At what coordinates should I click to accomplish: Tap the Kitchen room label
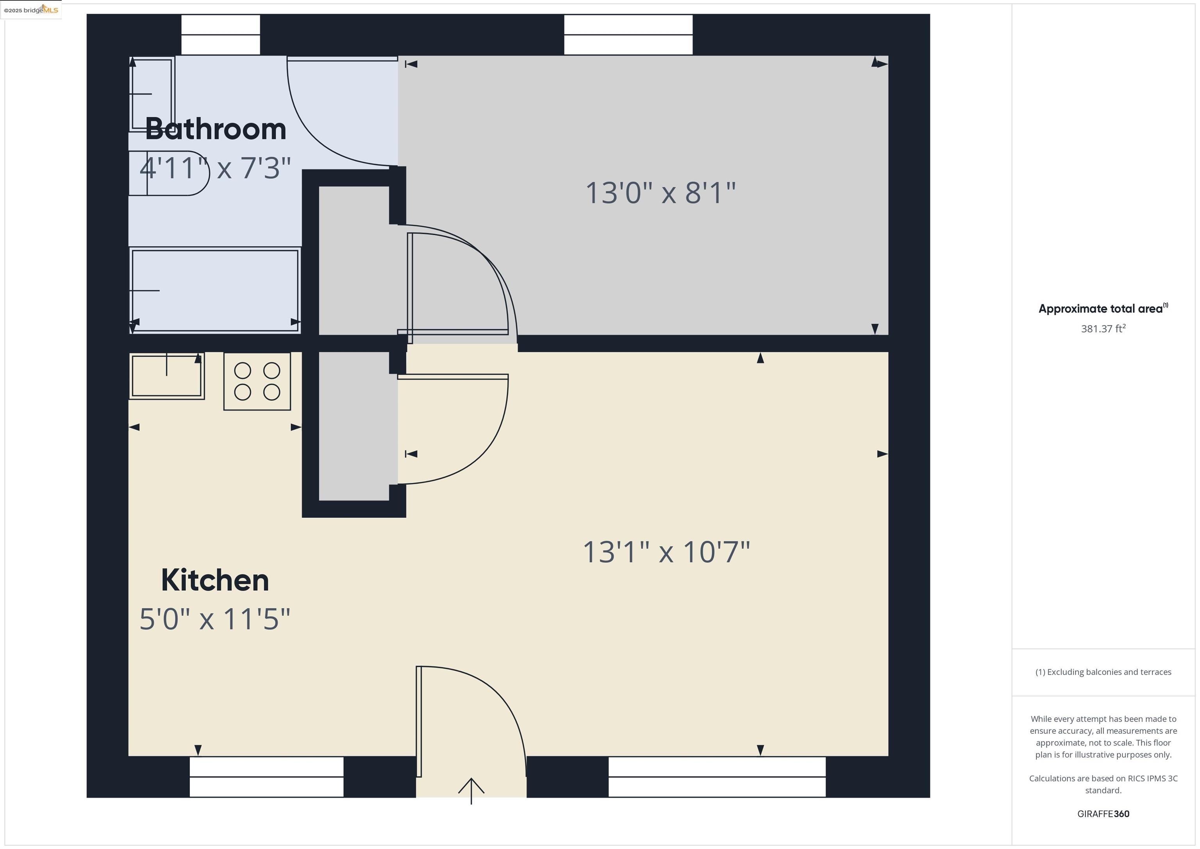[x=215, y=580]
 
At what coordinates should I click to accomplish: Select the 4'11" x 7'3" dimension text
[x=215, y=168]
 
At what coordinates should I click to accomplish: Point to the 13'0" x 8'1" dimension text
[x=660, y=193]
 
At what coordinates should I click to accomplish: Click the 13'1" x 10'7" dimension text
[x=666, y=552]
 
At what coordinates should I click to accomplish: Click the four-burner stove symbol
[x=257, y=381]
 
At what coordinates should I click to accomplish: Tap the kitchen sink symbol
[x=166, y=376]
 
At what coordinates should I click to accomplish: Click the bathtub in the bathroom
[x=215, y=290]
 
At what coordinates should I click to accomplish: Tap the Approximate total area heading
[x=1102, y=308]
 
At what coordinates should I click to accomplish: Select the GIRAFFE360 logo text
[x=1103, y=813]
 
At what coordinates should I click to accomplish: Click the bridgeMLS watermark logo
[x=31, y=10]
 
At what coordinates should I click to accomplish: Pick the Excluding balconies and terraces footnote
[x=1103, y=672]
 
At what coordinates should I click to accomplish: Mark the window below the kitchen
[x=266, y=776]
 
